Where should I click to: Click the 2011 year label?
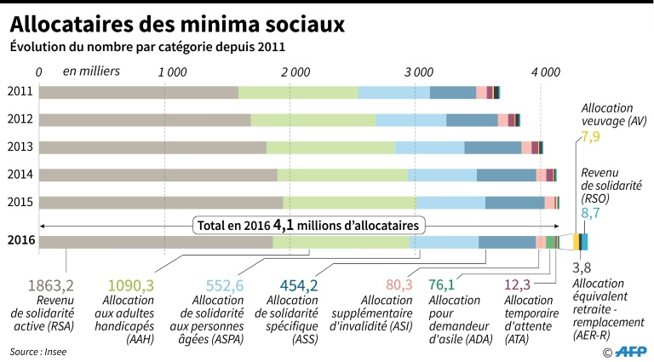19,92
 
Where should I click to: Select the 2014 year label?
19,174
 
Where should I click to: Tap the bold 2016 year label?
20,241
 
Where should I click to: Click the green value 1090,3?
130,285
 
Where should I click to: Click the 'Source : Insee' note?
38,350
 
